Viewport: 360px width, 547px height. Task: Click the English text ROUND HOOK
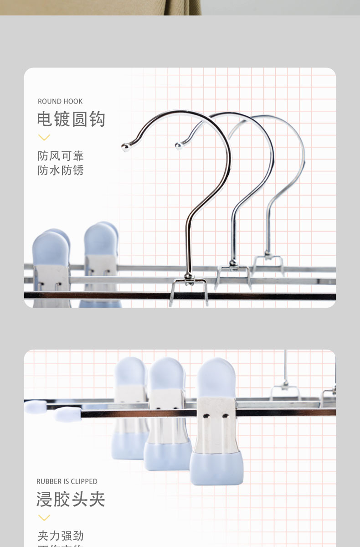[60, 101]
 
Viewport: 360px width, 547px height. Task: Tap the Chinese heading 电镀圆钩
[71, 119]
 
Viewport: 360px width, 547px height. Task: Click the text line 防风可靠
[61, 156]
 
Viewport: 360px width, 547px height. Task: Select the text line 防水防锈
[61, 170]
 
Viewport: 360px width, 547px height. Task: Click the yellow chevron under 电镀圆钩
[44, 137]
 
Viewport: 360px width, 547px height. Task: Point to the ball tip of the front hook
[125, 147]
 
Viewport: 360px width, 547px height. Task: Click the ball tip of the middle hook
[179, 146]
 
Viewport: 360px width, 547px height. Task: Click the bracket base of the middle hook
[233, 271]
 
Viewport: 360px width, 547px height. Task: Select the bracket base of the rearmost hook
[268, 259]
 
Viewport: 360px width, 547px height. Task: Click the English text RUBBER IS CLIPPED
[67, 481]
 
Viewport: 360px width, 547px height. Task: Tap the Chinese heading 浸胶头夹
[71, 499]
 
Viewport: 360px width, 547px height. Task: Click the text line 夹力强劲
[61, 536]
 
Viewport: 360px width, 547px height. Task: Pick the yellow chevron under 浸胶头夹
[44, 517]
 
